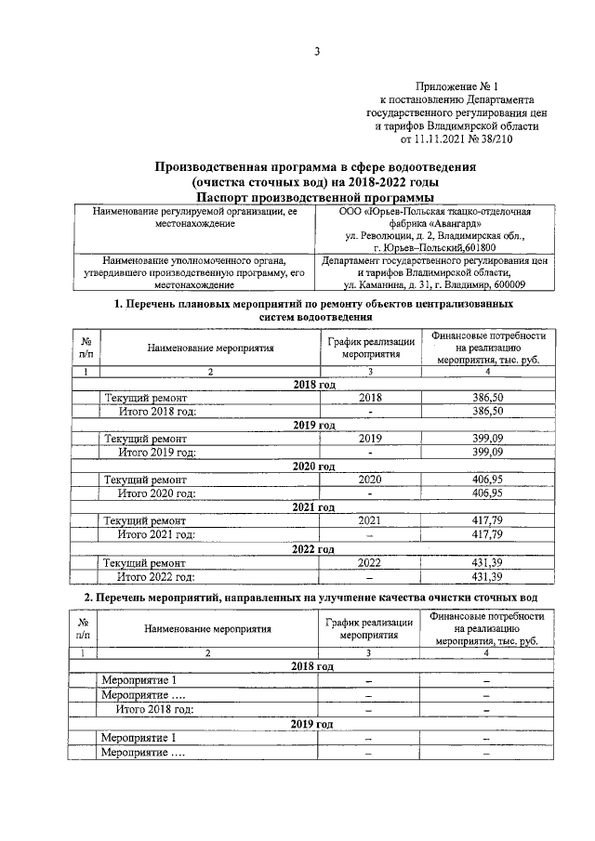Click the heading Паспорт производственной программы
315,197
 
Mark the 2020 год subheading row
314,466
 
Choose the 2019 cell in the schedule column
370,439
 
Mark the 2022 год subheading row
314,548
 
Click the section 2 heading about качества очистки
315,596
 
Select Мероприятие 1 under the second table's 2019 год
139,738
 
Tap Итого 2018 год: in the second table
154,709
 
